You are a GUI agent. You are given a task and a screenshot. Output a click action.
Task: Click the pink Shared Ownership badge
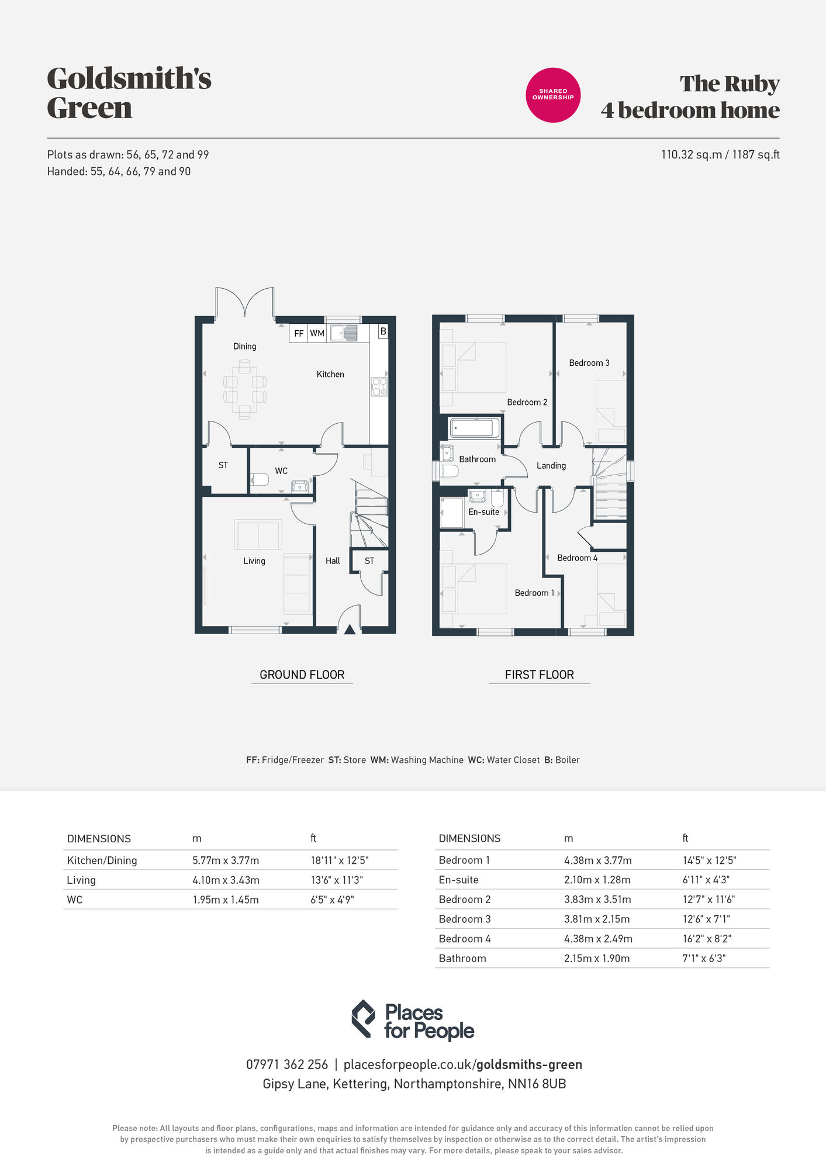553,95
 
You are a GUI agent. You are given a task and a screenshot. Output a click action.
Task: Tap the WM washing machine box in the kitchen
317,333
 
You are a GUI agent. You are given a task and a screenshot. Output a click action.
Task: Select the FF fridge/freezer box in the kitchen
299,333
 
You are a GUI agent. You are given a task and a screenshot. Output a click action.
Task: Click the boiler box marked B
383,331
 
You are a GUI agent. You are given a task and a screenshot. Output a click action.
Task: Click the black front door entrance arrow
350,630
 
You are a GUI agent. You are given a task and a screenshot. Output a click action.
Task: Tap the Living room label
254,561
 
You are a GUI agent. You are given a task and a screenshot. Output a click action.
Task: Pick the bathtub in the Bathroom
474,428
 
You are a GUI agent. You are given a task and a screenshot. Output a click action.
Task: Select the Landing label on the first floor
551,465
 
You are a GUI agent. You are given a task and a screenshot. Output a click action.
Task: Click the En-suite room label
484,511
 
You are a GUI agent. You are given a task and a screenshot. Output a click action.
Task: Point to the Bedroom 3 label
589,363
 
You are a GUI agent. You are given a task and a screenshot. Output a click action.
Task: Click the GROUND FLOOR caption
302,675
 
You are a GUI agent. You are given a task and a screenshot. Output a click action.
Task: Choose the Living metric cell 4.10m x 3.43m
226,880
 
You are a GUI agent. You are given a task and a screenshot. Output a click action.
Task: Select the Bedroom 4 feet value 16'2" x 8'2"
707,939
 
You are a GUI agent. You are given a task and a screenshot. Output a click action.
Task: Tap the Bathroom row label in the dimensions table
462,958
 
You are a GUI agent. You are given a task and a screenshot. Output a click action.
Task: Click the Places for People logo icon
363,1019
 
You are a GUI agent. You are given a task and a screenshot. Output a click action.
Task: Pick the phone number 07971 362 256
287,1064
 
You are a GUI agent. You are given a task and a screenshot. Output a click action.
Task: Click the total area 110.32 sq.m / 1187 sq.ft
720,154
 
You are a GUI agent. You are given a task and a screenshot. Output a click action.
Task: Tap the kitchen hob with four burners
379,387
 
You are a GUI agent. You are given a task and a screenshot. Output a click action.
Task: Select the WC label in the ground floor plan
281,471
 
